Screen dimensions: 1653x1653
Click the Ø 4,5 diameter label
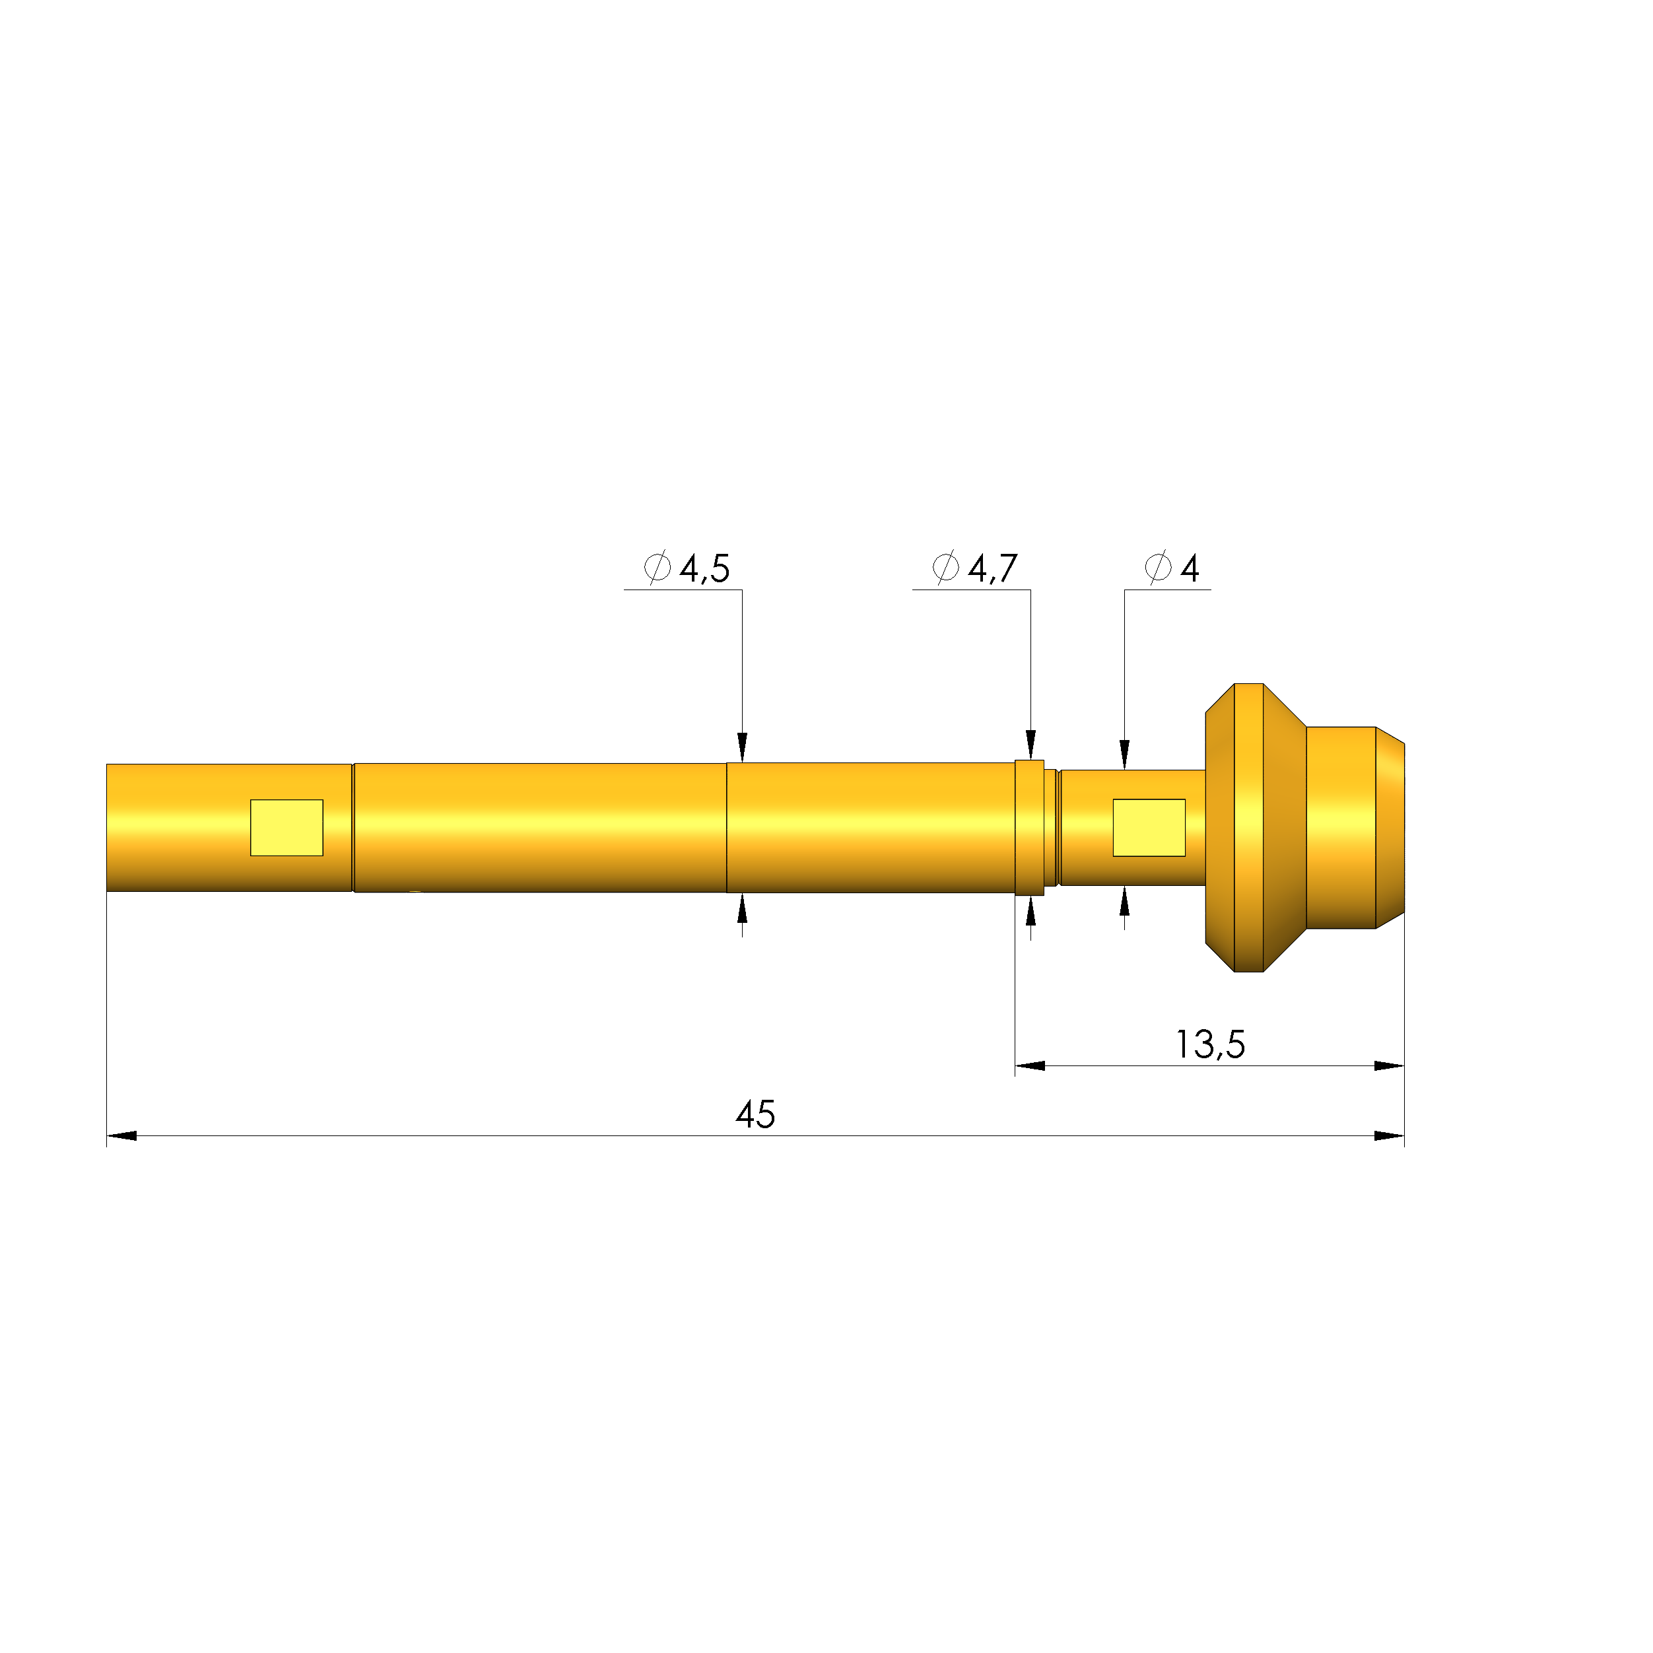click(x=687, y=568)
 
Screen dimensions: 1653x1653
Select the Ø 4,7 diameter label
click(x=976, y=568)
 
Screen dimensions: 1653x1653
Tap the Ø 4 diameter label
click(x=1172, y=568)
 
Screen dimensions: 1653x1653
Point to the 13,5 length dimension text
click(x=1211, y=1044)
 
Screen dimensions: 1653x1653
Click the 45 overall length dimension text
click(x=755, y=1115)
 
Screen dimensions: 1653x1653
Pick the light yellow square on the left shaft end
click(x=287, y=827)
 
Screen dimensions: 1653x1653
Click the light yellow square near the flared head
click(x=1149, y=827)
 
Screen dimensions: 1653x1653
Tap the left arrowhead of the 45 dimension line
click(x=121, y=1135)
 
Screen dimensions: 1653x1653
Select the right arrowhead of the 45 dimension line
click(x=1390, y=1135)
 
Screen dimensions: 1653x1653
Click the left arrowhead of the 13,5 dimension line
click(x=1030, y=1065)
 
